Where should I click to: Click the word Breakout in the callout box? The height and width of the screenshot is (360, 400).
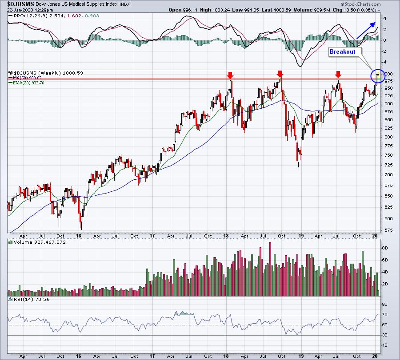tap(342, 52)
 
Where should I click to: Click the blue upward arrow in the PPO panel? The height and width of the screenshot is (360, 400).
tap(366, 30)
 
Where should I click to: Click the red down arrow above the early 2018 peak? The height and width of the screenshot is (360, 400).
tap(230, 75)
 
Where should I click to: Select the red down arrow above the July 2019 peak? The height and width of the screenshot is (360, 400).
tap(338, 75)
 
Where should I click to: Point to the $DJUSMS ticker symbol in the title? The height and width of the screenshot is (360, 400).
tap(20, 4)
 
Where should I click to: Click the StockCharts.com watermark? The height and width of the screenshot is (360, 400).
tap(361, 4)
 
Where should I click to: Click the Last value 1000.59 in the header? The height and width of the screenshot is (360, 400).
tap(282, 10)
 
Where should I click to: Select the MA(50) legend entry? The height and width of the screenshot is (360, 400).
tap(25, 78)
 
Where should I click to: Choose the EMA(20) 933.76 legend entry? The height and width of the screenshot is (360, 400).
tap(26, 83)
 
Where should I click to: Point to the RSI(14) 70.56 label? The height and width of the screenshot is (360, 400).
tap(29, 299)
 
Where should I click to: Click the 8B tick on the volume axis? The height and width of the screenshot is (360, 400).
tap(384, 248)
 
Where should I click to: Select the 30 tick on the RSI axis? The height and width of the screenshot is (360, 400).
tap(384, 335)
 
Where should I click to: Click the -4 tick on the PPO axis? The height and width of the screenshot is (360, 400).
tap(384, 62)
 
